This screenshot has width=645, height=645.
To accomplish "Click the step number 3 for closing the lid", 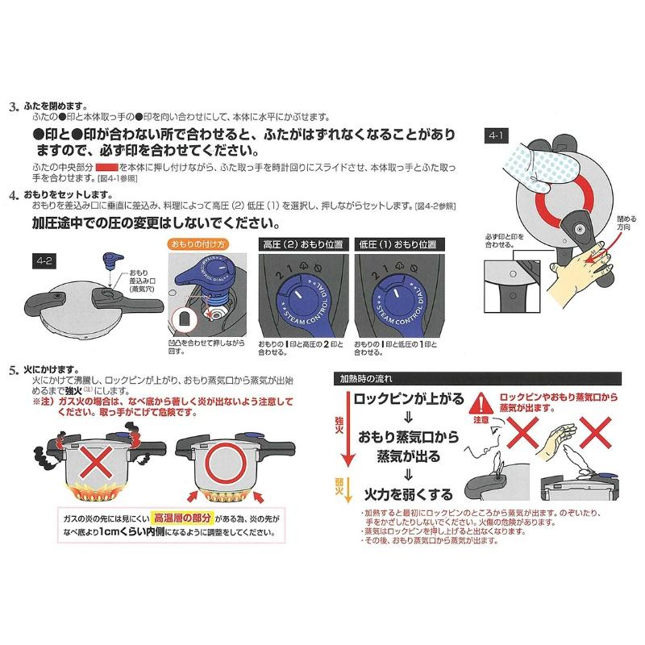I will [x=12, y=106].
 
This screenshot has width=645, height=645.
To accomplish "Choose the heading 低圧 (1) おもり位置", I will [x=400, y=243].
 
